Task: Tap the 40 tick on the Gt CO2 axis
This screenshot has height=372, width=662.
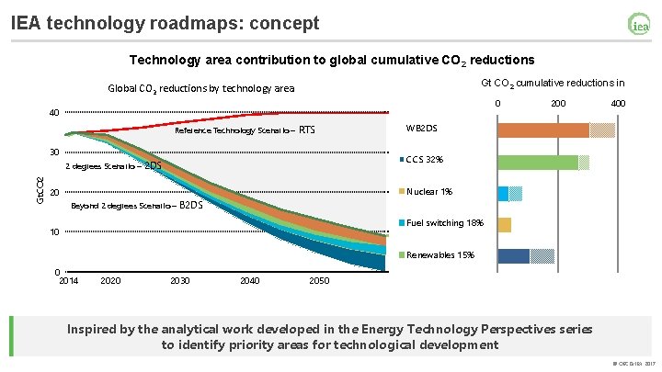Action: coord(54,113)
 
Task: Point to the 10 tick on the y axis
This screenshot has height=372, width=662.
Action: coord(54,231)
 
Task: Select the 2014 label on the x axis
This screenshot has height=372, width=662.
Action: coord(68,280)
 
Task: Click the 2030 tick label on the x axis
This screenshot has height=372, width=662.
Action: coord(180,280)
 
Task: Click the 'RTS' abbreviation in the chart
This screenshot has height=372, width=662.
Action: coord(307,130)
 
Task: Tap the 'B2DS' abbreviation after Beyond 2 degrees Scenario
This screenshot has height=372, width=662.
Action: coord(190,205)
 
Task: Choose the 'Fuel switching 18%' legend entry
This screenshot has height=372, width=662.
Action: coord(444,223)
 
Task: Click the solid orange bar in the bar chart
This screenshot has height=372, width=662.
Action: coord(542,130)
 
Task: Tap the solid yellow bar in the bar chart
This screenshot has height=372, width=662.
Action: coord(504,224)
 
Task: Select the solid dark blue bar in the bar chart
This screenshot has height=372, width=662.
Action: coord(513,255)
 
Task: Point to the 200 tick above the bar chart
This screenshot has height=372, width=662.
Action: coord(557,104)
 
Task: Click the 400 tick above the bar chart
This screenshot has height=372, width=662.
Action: coord(618,104)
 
